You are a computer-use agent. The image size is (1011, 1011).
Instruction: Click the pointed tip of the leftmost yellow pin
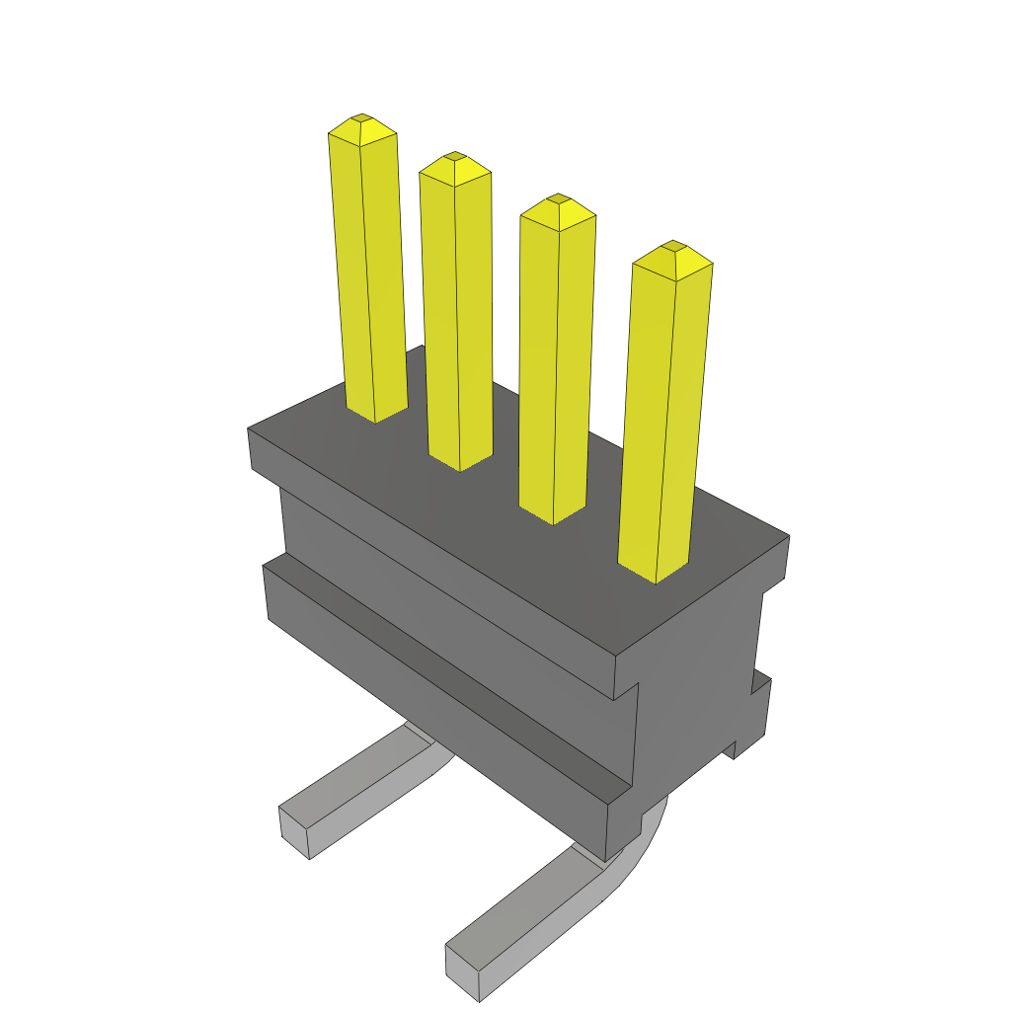tap(362, 118)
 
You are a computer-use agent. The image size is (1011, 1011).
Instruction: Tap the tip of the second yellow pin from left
tap(455, 156)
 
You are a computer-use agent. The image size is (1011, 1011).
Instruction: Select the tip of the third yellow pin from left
tap(559, 199)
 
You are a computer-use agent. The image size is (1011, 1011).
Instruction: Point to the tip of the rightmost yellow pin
tap(673, 245)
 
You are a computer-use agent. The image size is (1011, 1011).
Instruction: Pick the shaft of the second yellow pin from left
tap(457, 316)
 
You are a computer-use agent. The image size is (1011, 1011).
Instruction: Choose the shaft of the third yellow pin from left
tap(556, 365)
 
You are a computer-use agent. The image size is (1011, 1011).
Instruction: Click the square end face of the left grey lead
tap(294, 830)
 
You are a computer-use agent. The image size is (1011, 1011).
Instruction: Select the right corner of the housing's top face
tap(789, 537)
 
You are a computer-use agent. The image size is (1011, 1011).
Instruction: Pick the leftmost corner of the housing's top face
tap(248, 429)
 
